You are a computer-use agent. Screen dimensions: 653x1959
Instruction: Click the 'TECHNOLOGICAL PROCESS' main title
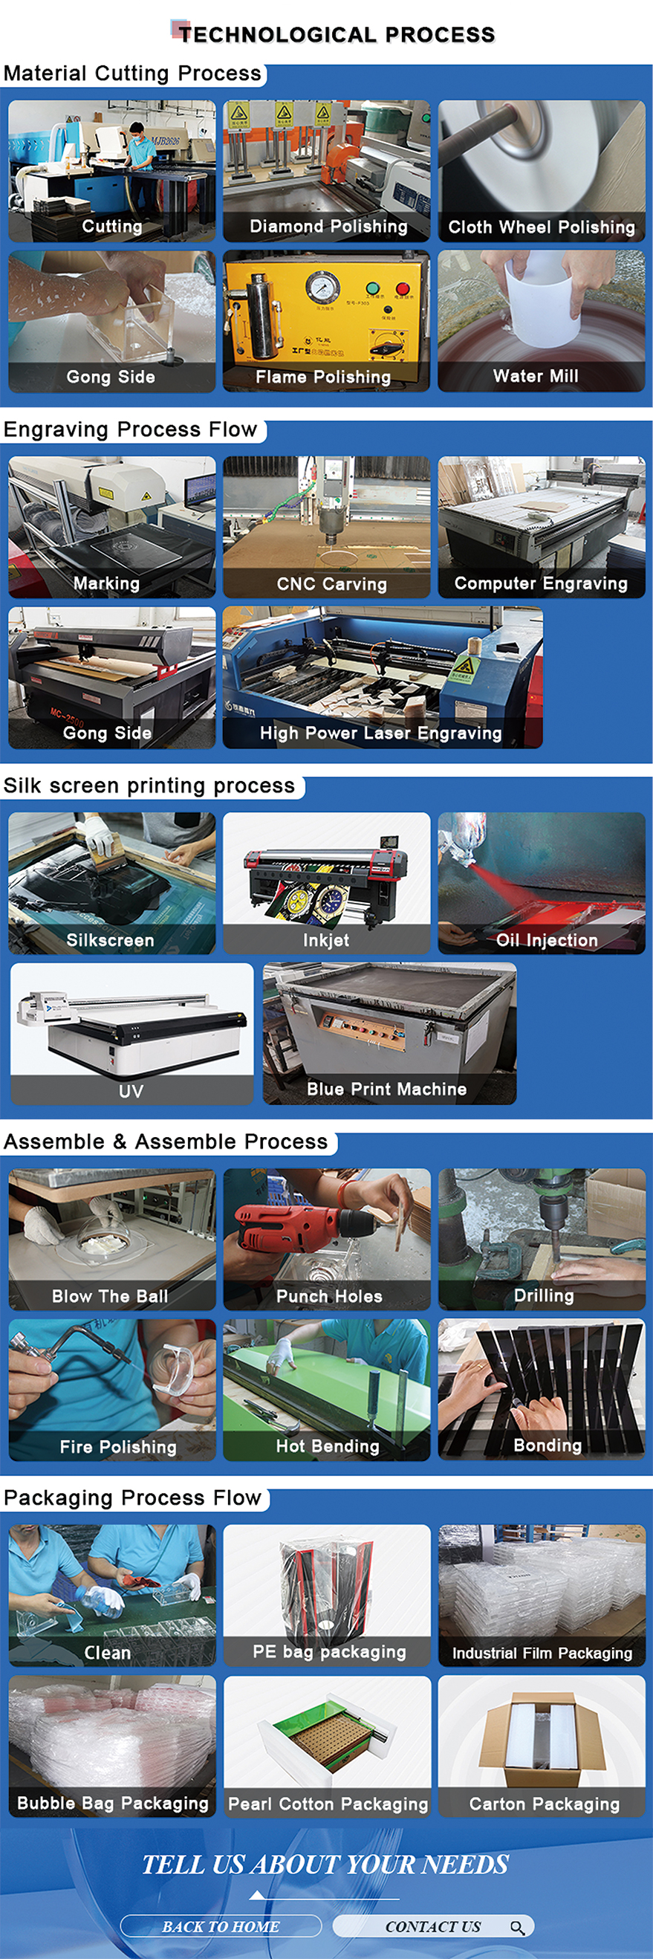pos(337,34)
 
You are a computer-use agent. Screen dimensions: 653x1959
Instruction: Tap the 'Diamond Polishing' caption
pos(328,227)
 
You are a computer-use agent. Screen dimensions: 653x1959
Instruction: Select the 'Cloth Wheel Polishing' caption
pos(542,227)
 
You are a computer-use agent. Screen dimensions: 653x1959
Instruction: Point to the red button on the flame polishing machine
pos(402,290)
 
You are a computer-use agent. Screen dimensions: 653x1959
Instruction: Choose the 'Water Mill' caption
pos(536,377)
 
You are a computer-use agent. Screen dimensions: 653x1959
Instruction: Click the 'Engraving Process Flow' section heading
pos(130,430)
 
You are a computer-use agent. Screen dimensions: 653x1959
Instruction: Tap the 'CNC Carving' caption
pos(331,584)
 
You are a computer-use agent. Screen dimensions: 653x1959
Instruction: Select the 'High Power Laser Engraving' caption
pos(381,733)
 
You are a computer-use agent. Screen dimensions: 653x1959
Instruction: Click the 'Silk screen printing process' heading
pos(149,786)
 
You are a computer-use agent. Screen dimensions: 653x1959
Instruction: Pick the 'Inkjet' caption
pos(326,941)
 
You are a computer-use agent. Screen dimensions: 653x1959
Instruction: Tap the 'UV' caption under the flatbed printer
pos(131,1091)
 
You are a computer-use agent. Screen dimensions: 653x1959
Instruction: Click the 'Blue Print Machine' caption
pos(387,1089)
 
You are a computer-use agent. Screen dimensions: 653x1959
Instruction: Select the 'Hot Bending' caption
pos(328,1446)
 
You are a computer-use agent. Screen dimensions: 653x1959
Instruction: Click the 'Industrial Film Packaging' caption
pos(542,1654)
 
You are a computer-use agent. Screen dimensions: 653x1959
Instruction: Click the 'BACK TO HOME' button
pos(221,1926)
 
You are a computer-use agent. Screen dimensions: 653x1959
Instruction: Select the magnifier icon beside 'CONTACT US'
pos(518,1927)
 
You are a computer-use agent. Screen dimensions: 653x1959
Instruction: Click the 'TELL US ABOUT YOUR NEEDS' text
pos(325,1864)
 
